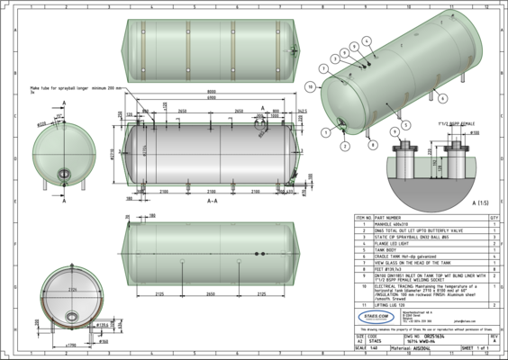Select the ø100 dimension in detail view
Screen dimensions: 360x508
click(x=475, y=132)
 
